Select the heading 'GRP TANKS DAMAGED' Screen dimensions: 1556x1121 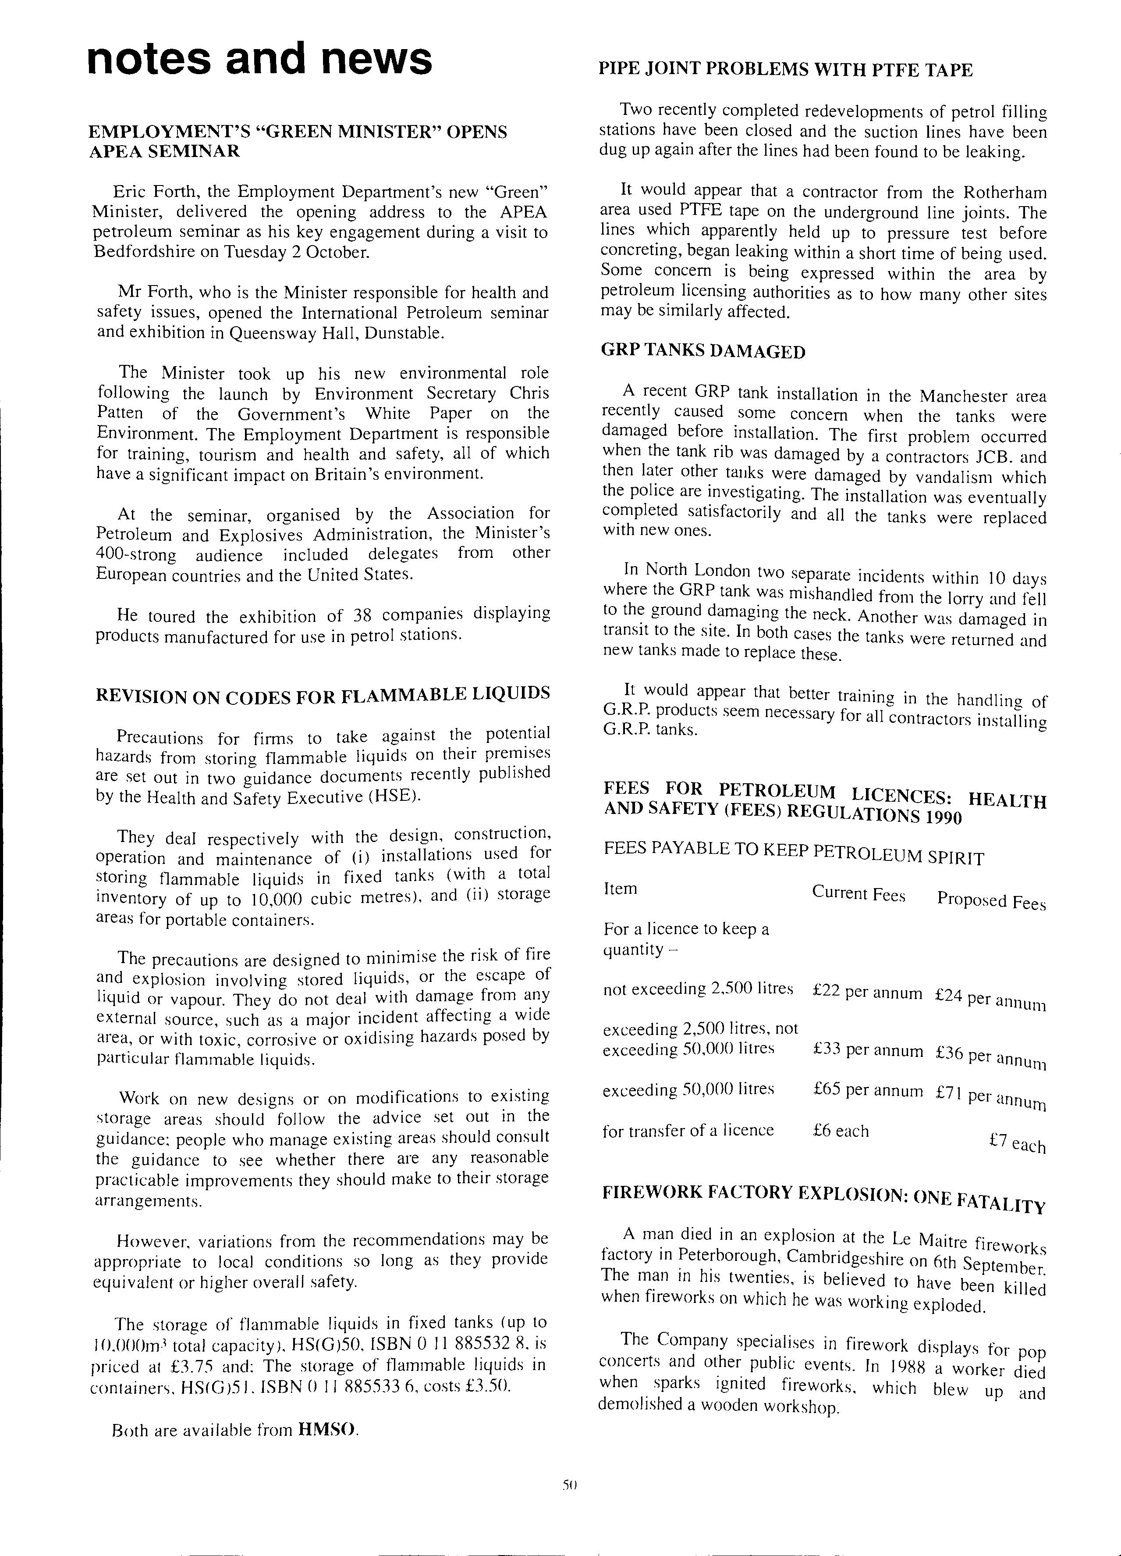tap(703, 352)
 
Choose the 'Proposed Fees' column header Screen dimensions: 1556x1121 tap(991, 901)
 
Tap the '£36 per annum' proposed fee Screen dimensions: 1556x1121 tap(990, 1056)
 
